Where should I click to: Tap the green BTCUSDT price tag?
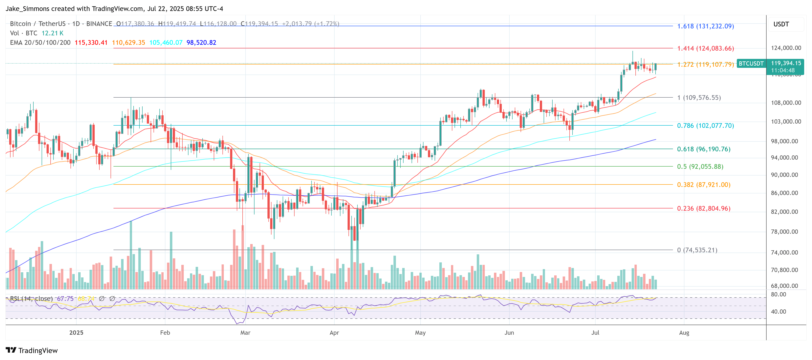751,63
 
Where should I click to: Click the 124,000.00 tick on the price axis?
786,48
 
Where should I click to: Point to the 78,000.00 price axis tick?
784,232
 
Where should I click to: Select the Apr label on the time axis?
334,332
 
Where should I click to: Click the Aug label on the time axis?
684,332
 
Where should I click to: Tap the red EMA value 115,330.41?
91,43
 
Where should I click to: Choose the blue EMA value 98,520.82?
201,43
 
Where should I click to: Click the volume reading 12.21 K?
52,33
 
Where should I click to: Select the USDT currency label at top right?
781,24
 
